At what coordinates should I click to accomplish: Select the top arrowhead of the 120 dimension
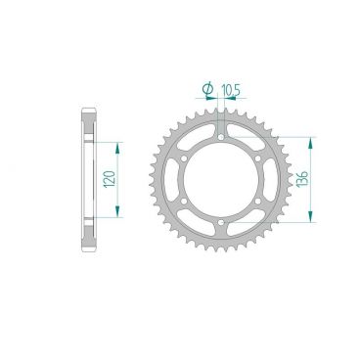click(x=120, y=144)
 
